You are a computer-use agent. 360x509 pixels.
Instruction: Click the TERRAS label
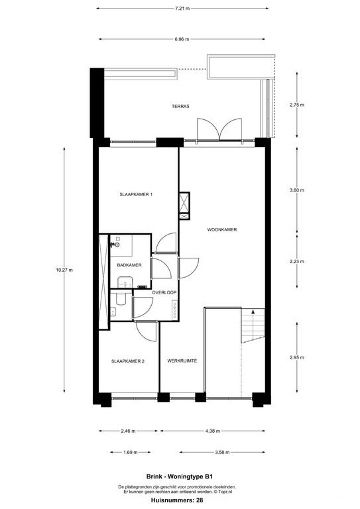click(x=181, y=106)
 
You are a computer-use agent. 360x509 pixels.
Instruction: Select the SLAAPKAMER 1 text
click(x=137, y=194)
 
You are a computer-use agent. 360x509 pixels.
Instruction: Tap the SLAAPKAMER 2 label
click(x=128, y=361)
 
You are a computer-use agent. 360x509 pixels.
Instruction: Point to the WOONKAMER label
click(x=222, y=230)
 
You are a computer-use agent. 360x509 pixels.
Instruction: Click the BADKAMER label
click(x=128, y=265)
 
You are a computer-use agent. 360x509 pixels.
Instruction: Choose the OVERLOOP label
click(x=163, y=292)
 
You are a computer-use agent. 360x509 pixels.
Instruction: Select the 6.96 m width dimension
click(x=180, y=39)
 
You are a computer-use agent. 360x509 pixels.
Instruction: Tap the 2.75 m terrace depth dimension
click(x=297, y=105)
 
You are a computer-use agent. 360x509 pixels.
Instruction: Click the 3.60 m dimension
click(x=297, y=190)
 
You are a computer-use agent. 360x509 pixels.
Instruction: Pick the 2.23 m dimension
click(x=297, y=261)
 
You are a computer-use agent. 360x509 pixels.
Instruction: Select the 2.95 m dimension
click(x=297, y=357)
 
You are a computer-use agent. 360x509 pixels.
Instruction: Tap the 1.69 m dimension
click(x=130, y=453)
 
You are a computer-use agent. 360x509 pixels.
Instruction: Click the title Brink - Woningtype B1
click(x=180, y=477)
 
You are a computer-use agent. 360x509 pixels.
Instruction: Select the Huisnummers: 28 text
click(x=180, y=500)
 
